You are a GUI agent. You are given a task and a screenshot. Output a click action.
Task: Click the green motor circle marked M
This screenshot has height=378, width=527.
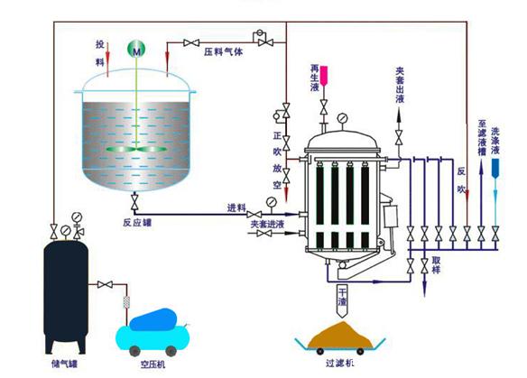[x=136, y=50]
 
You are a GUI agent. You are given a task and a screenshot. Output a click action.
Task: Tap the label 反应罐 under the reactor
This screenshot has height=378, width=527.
[x=137, y=223]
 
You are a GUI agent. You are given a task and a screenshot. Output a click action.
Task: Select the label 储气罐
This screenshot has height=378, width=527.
[x=65, y=364]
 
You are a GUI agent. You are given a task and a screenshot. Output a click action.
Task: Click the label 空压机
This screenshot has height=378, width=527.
[x=153, y=364]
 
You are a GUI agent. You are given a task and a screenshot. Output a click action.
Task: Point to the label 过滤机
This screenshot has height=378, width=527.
[x=339, y=363]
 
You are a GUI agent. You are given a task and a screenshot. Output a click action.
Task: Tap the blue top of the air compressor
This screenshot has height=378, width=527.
[x=153, y=318]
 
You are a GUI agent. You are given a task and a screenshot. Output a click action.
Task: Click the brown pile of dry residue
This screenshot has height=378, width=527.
[x=340, y=335]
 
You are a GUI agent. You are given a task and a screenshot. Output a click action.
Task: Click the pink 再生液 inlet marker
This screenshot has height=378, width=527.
[x=324, y=76]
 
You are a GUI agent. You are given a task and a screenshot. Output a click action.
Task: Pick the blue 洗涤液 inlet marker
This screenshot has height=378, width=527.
[x=495, y=168]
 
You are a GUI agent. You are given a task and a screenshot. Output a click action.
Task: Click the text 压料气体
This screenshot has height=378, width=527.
[x=223, y=51]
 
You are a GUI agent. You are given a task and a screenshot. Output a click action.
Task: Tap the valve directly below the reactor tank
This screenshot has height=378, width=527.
[x=134, y=202]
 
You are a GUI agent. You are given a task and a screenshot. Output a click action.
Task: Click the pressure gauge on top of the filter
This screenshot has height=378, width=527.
[x=343, y=118]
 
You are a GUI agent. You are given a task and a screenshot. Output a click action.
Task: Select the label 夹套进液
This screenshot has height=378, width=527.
[x=267, y=224]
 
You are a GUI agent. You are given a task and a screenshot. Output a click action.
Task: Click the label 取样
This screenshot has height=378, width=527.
[x=436, y=264]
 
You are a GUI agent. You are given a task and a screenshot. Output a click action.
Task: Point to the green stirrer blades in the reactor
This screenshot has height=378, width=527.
[x=136, y=149]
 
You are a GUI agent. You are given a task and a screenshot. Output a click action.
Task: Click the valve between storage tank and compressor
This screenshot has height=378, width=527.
[x=105, y=284]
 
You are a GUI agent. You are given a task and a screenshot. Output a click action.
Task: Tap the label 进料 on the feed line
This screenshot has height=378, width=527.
[x=236, y=208]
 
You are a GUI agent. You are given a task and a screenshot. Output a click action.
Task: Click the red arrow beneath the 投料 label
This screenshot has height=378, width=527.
[x=107, y=60]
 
